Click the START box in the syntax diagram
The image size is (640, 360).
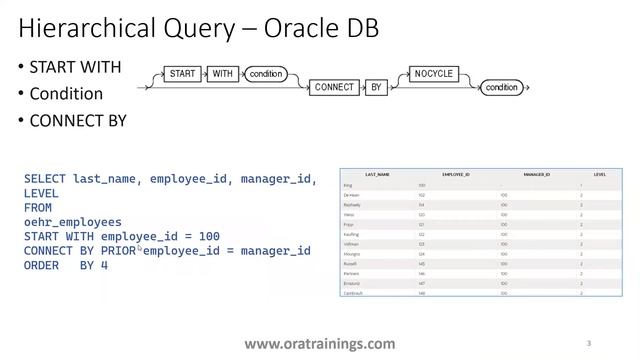point(183,74)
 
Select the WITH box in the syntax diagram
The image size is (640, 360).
point(221,74)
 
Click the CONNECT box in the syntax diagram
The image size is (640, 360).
point(334,88)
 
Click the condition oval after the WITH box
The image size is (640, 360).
point(266,74)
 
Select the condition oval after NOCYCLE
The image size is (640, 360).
point(502,88)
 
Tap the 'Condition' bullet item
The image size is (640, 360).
point(66,94)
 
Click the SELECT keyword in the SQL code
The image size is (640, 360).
point(45,179)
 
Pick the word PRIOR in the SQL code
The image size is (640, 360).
point(117,251)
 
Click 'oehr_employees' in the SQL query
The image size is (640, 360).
point(73,222)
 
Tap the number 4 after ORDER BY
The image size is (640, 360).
point(104,265)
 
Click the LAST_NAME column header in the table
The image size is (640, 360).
point(377,173)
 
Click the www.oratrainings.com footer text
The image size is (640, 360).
point(319,343)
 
